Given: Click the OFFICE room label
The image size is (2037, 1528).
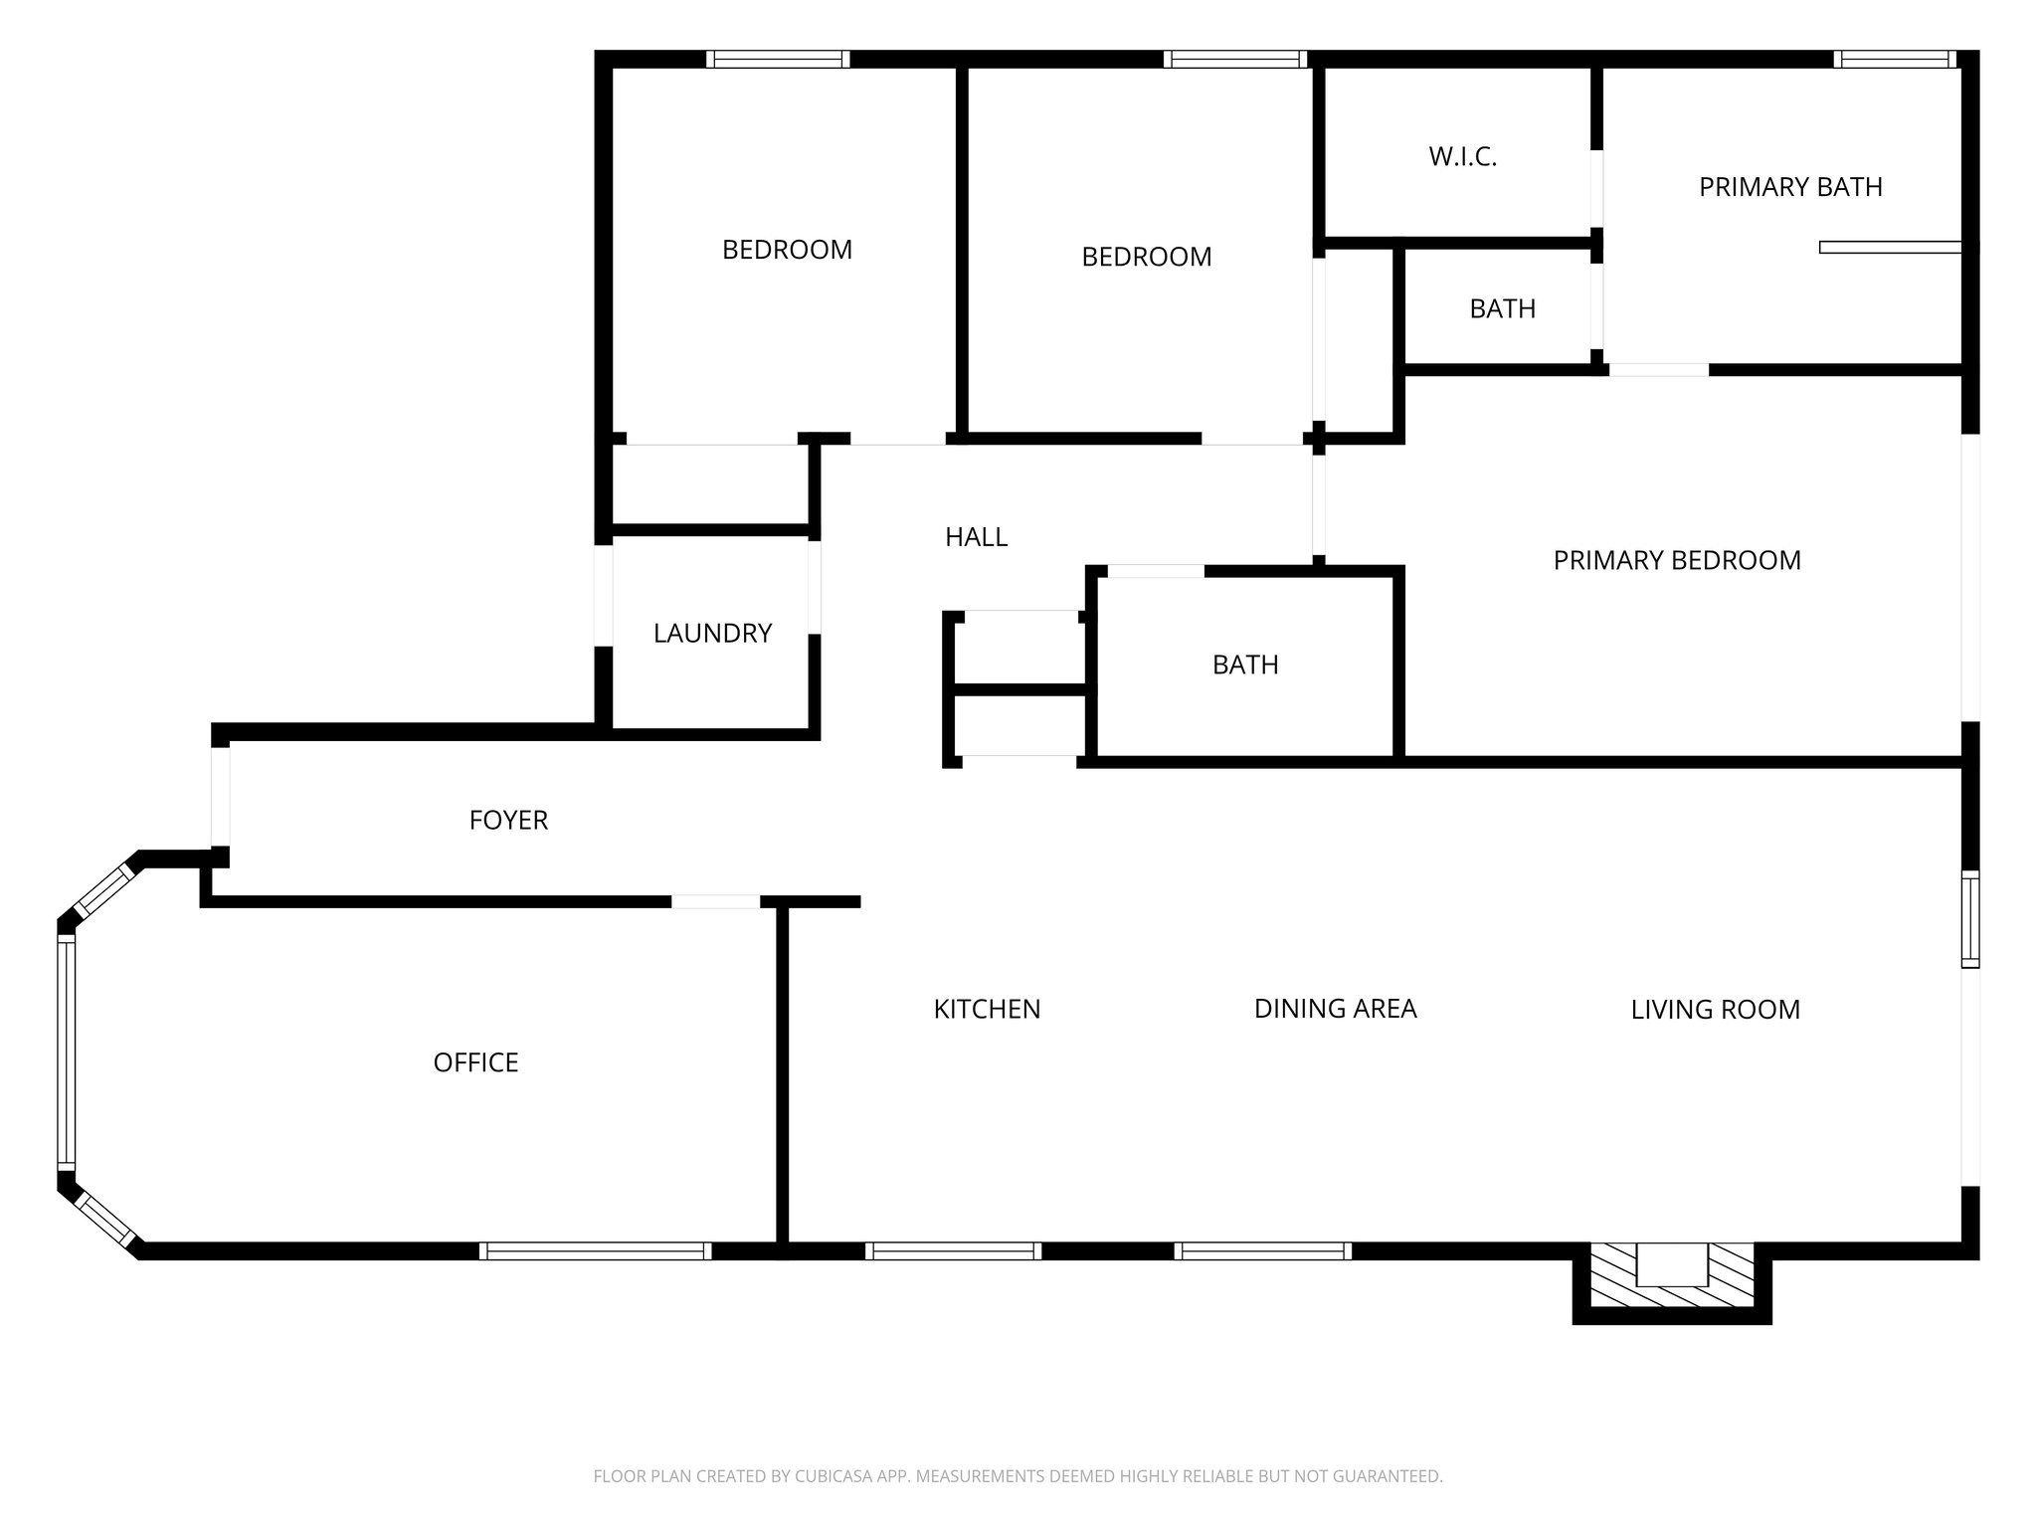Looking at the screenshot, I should pyautogui.click(x=475, y=1062).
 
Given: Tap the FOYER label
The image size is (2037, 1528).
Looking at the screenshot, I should pyautogui.click(x=508, y=820).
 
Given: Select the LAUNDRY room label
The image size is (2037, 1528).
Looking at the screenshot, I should pyautogui.click(x=712, y=633).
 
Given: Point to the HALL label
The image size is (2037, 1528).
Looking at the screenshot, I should pyautogui.click(x=976, y=537).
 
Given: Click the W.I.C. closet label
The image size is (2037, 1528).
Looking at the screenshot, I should pyautogui.click(x=1462, y=156).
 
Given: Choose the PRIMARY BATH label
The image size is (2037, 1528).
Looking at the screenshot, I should pyautogui.click(x=1790, y=187).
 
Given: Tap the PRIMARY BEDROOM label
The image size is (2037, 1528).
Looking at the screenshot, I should pyautogui.click(x=1677, y=560).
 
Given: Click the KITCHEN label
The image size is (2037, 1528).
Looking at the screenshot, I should pyautogui.click(x=987, y=1009).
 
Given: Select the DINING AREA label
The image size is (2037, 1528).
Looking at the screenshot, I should pyautogui.click(x=1335, y=1009).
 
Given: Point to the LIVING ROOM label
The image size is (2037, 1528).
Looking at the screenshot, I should pyautogui.click(x=1715, y=1010).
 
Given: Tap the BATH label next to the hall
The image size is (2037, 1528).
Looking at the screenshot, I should pyautogui.click(x=1245, y=665).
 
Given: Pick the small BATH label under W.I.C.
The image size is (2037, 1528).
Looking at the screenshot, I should pyautogui.click(x=1502, y=308).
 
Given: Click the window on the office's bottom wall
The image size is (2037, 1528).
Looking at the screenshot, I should pyautogui.click(x=595, y=1250).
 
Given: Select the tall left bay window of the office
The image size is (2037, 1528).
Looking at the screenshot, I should pyautogui.click(x=66, y=1051).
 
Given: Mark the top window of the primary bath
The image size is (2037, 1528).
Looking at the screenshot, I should pyautogui.click(x=1894, y=59).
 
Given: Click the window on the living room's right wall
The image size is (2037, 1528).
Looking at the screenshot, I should pyautogui.click(x=1969, y=918).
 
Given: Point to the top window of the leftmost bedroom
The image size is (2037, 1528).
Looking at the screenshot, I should pyautogui.click(x=778, y=59).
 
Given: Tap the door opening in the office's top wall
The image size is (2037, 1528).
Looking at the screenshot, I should pyautogui.click(x=716, y=901).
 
